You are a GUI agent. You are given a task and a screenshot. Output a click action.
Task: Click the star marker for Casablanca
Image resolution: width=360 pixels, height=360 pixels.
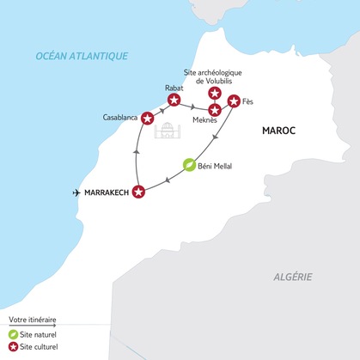147,118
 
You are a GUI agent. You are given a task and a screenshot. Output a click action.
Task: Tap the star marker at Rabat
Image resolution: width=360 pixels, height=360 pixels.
174,101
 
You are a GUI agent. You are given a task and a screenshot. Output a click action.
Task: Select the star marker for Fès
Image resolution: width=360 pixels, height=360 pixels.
233,101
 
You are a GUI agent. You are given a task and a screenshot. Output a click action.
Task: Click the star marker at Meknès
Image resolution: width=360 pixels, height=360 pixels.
215,109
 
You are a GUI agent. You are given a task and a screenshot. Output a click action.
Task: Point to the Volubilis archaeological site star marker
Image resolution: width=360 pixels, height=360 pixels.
215,93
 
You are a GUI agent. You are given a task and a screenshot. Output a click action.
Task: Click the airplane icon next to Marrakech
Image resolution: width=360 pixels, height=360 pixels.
79,192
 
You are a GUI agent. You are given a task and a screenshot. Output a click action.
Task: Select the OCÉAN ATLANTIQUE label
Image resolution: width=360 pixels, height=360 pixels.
82,56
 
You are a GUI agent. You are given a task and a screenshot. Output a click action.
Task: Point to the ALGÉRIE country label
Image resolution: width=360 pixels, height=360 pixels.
289,277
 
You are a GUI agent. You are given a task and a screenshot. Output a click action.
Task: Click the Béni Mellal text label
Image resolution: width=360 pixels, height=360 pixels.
221,164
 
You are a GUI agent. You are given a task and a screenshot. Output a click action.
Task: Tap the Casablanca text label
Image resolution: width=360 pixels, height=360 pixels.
119,116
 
